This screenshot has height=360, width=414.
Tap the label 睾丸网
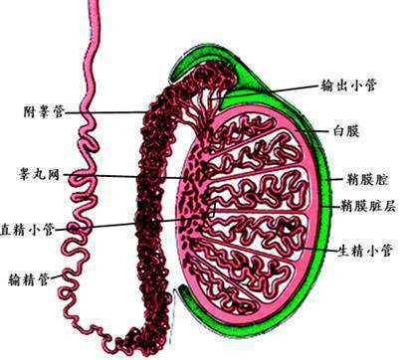point(38,175)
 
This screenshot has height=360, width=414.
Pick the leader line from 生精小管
point(318,244)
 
